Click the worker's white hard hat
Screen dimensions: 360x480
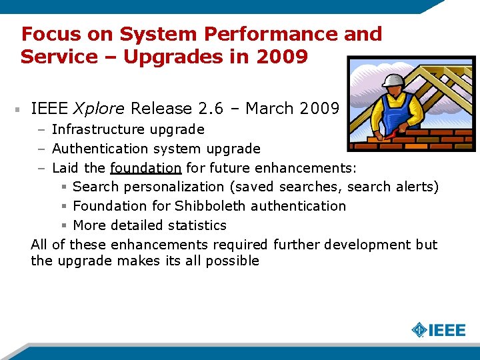[x=394, y=81]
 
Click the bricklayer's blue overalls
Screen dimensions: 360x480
[x=395, y=113]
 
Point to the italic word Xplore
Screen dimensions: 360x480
[x=99, y=108]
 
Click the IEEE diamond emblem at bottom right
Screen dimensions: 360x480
[x=419, y=330]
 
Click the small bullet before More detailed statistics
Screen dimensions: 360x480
[x=64, y=225]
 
